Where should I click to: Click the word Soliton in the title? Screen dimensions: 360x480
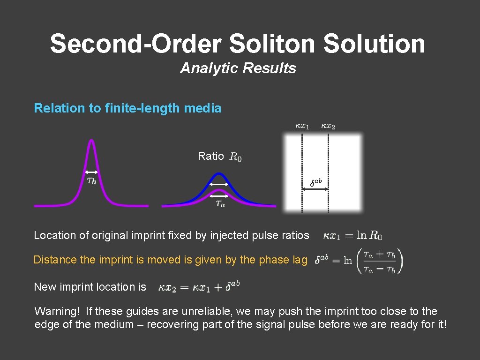(273, 44)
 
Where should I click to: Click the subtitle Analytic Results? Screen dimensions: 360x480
(238, 68)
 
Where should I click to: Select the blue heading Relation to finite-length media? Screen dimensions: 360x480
(127, 108)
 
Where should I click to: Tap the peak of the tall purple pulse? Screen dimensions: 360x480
(92, 141)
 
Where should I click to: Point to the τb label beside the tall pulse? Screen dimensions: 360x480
(92, 180)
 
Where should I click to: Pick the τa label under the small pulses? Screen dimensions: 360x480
(220, 204)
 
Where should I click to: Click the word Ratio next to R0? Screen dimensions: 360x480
(211, 157)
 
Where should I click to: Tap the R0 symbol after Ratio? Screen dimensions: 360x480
(236, 157)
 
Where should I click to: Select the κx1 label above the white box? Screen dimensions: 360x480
(302, 126)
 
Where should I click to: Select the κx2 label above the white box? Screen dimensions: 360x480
(328, 126)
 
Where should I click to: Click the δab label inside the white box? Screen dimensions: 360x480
(316, 182)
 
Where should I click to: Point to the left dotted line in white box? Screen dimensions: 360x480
(302, 173)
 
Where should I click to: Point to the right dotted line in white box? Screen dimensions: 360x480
(328, 173)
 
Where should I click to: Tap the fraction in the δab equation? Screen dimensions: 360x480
(379, 261)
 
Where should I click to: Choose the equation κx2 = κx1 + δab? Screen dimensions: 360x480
(199, 286)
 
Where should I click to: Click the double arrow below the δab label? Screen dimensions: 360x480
(315, 189)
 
